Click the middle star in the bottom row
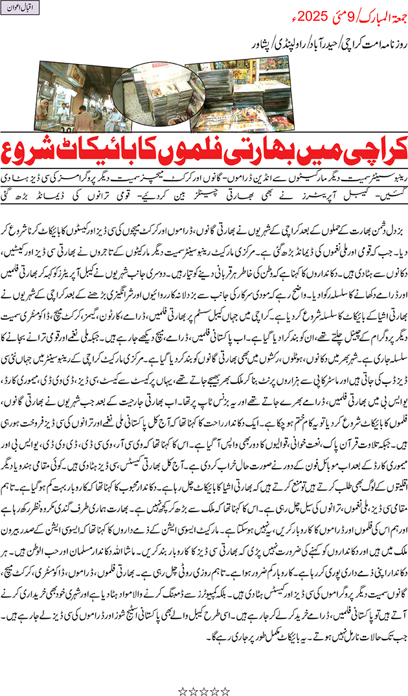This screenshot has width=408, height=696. point(204,673)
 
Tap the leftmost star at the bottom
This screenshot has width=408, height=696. point(183,673)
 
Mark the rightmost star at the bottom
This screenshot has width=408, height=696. point(225,673)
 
